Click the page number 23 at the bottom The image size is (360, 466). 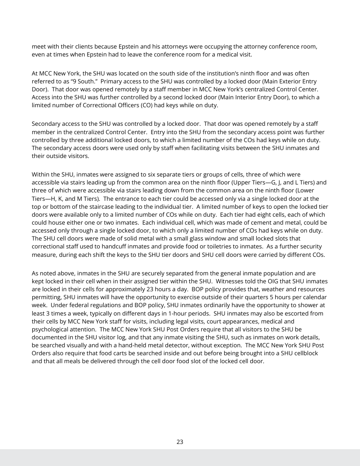click(x=180, y=442)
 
